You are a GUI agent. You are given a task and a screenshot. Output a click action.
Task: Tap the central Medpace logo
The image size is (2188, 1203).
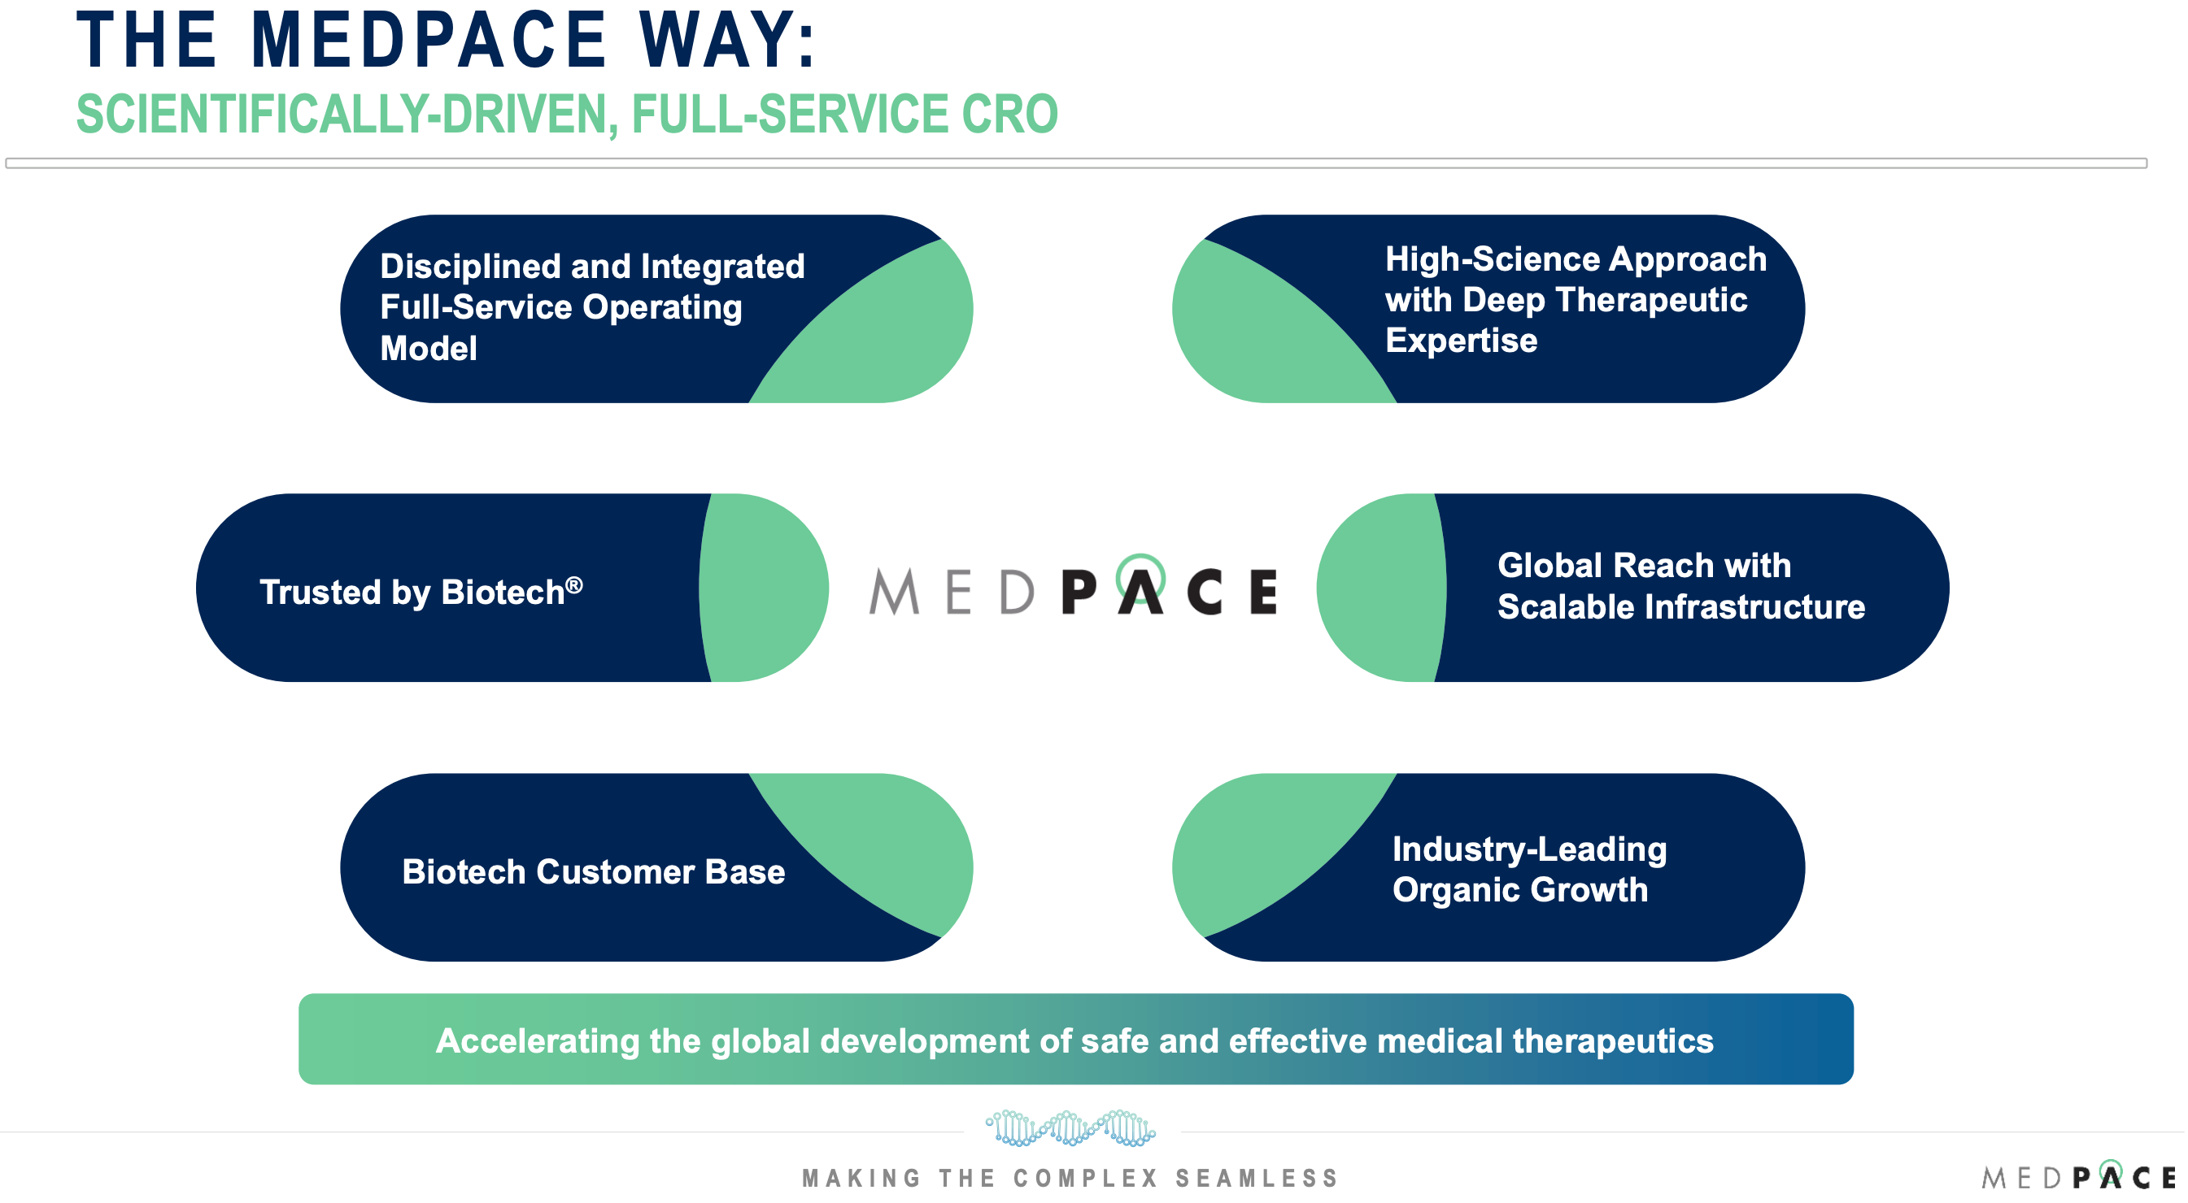coord(1073,588)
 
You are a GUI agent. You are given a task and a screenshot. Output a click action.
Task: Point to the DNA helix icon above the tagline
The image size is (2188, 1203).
coord(1070,1128)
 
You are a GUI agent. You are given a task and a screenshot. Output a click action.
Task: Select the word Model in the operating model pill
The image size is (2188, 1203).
coord(428,348)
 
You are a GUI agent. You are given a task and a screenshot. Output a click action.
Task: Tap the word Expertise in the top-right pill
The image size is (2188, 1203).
coord(1461,341)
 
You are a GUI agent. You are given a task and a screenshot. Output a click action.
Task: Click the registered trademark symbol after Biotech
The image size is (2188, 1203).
coord(574,585)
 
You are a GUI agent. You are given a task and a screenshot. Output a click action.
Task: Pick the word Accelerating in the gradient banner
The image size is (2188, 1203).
coord(538,1041)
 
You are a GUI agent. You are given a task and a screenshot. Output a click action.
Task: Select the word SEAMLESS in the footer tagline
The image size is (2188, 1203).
coord(1256,1179)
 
